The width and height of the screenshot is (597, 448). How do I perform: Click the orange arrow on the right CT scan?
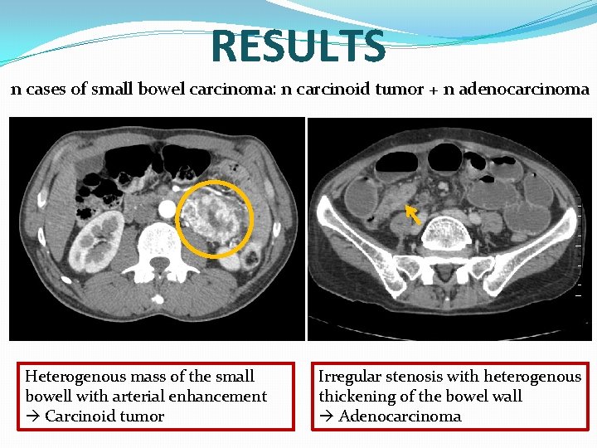[412, 216]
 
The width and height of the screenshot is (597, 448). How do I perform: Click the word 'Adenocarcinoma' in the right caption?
[400, 416]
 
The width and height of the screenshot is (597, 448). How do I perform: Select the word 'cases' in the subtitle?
[45, 90]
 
